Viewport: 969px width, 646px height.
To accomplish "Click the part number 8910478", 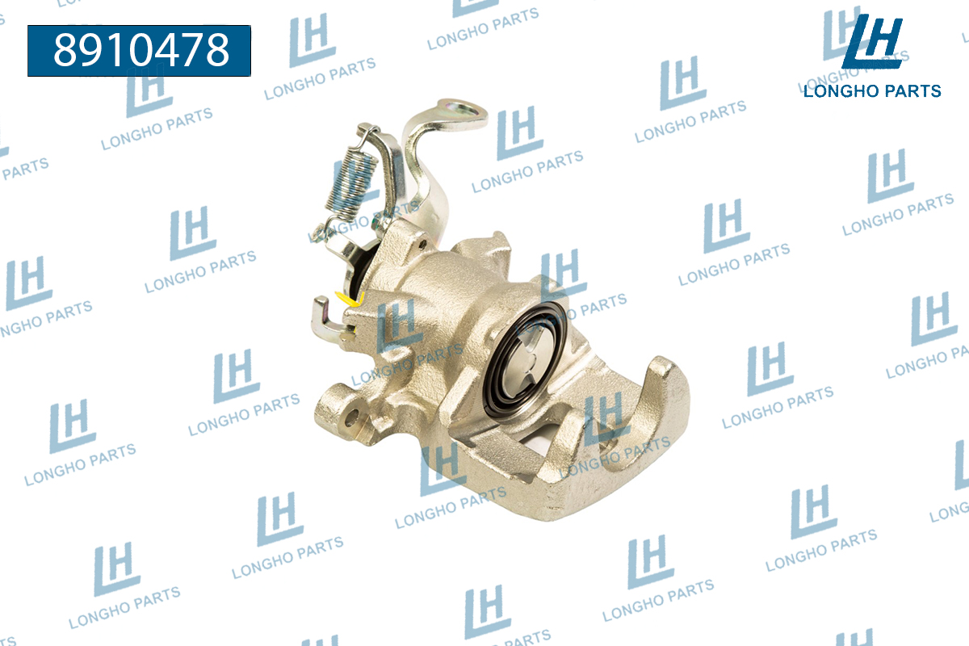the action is click(x=141, y=50).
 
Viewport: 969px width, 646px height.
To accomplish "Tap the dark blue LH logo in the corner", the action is click(x=872, y=42).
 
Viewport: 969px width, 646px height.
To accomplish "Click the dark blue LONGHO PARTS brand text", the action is click(x=872, y=91).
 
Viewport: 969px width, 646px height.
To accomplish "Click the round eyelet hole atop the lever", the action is click(x=462, y=108).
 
